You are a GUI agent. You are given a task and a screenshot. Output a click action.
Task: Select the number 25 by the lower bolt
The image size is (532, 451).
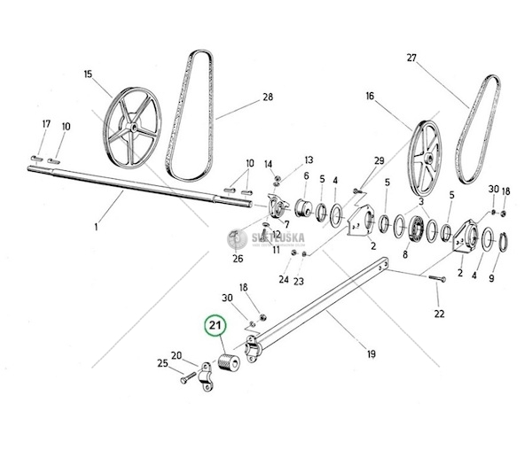pos(162,362)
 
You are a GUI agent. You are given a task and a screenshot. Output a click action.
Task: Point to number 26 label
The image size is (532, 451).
pos(236,259)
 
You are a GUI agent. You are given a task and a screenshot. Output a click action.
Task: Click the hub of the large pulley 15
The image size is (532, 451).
pos(131,131)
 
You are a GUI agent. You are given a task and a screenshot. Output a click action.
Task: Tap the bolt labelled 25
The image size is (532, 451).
pos(186,377)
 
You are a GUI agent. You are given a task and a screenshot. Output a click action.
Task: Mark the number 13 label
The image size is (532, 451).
pos(309,159)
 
